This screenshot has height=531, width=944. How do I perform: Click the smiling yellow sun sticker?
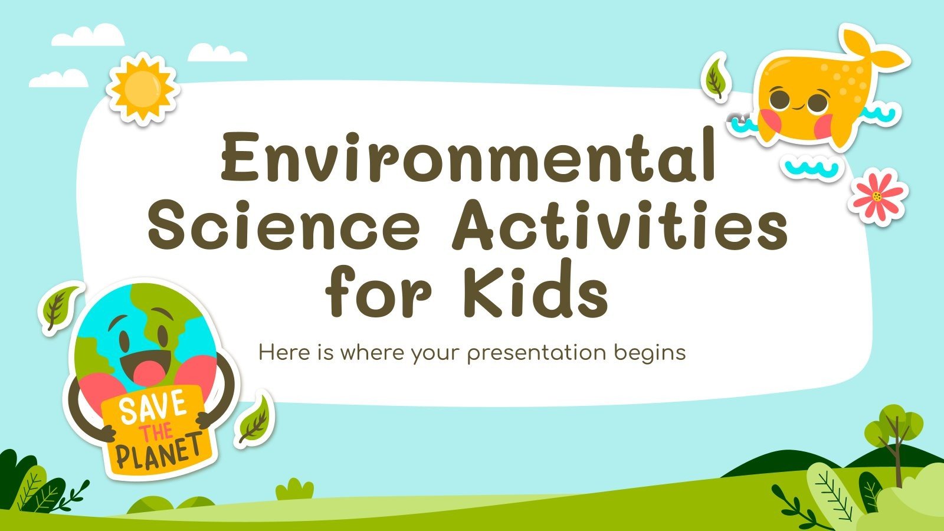click(142, 88)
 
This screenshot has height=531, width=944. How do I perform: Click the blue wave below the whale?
click(811, 168)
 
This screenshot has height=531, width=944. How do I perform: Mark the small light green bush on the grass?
click(295, 490)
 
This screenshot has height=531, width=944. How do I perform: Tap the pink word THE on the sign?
click(156, 431)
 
